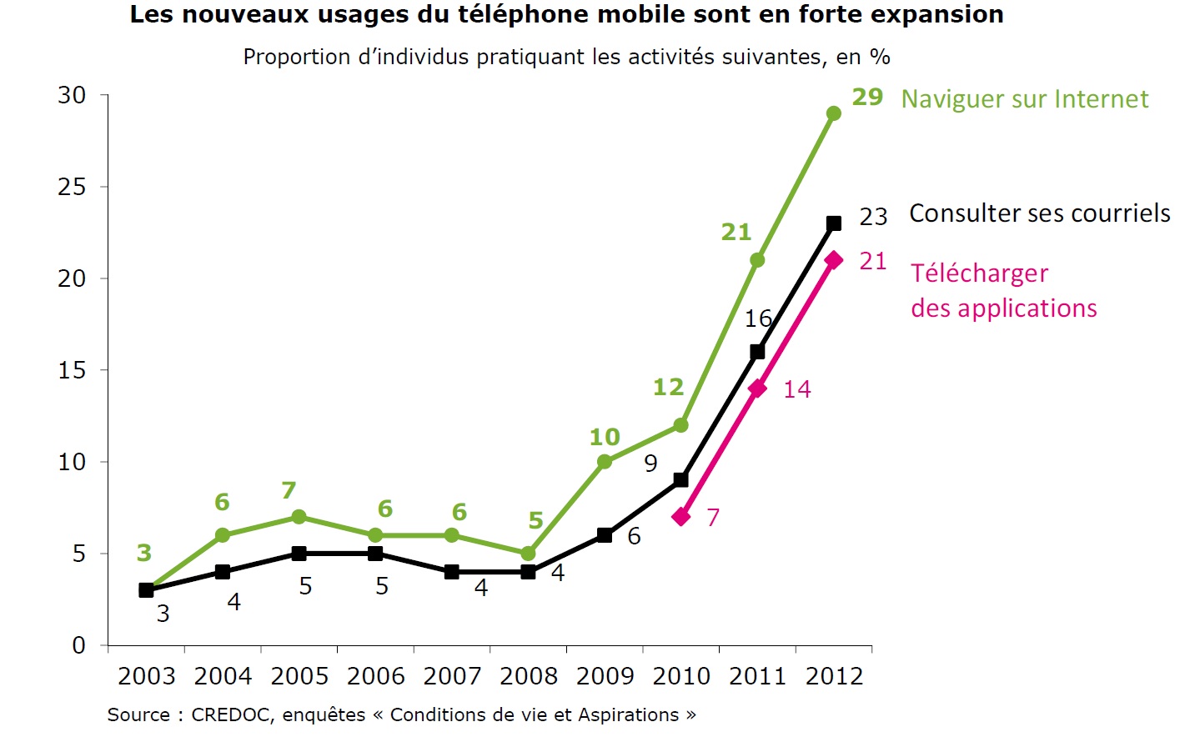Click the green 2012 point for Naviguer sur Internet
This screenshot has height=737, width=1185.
pyautogui.click(x=833, y=113)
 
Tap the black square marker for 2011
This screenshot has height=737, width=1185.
pyautogui.click(x=757, y=352)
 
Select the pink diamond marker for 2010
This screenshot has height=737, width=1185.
pyautogui.click(x=681, y=517)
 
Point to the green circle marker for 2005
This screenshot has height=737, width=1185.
pyautogui.click(x=299, y=517)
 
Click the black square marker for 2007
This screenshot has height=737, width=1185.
pyautogui.click(x=452, y=572)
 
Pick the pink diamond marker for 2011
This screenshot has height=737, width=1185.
pyautogui.click(x=757, y=389)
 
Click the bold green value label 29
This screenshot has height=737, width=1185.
pyautogui.click(x=867, y=98)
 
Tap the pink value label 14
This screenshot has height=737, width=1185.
pyautogui.click(x=796, y=389)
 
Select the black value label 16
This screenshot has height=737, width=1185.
pyautogui.click(x=758, y=318)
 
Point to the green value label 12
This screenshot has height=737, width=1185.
pyautogui.click(x=668, y=388)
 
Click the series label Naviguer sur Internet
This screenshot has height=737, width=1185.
pyautogui.click(x=1024, y=99)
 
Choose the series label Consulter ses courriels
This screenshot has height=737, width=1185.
pyautogui.click(x=1039, y=213)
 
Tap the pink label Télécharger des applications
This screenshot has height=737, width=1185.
pyautogui.click(x=1003, y=291)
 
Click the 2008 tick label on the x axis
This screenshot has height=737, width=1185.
pyautogui.click(x=529, y=676)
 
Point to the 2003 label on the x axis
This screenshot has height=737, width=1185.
pyautogui.click(x=147, y=676)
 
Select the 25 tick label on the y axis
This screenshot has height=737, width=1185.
pyautogui.click(x=73, y=187)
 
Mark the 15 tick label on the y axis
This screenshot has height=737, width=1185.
pyautogui.click(x=73, y=370)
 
